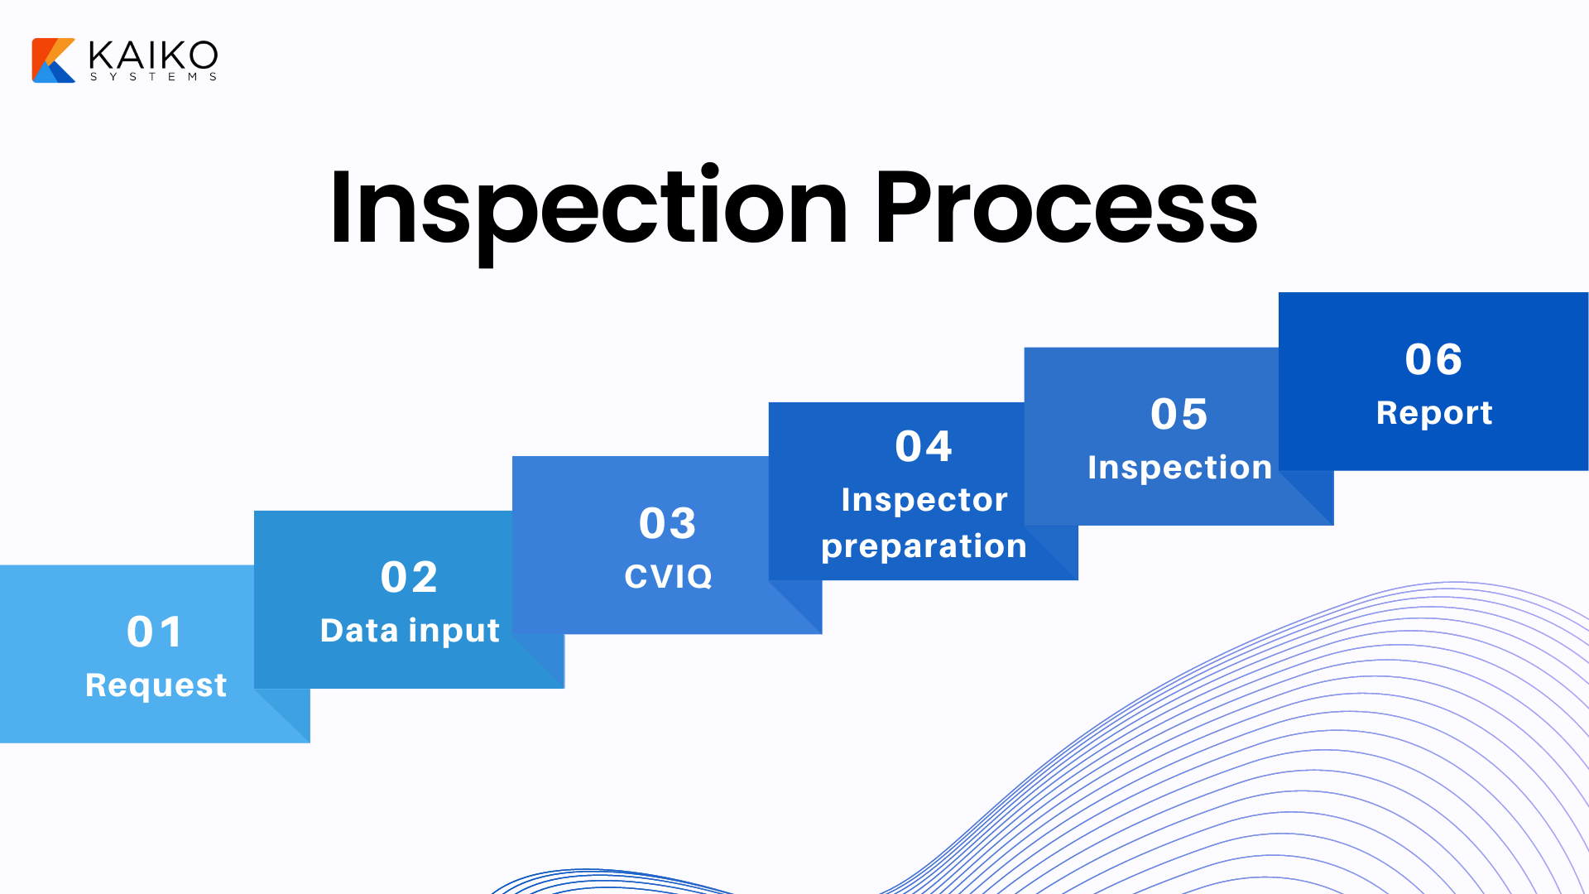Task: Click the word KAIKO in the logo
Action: pos(153,55)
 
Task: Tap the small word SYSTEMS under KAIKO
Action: pos(153,77)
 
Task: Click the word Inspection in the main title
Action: pos(588,209)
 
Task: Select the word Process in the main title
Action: pos(1066,209)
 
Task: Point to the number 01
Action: pos(155,632)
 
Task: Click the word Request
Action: pos(156,685)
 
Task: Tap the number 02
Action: pos(409,578)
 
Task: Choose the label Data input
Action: pos(410,631)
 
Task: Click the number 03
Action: pos(668,523)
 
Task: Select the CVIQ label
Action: pos(668,577)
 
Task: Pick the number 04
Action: pos(924,447)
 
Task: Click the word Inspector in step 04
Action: pos(924,500)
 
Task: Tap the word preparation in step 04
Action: pos(924,546)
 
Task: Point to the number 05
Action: pos(1179,415)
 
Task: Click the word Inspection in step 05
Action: pos(1179,468)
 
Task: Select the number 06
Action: pos(1433,360)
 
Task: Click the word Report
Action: pos(1433,413)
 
